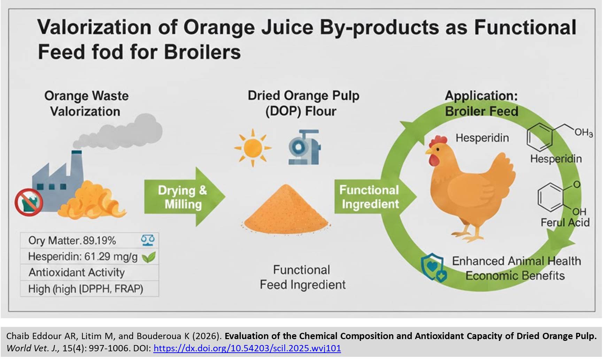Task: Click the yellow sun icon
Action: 253,148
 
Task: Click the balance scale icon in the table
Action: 148,240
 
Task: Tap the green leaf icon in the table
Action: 149,257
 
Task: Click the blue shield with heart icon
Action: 433,267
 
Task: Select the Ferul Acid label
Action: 565,222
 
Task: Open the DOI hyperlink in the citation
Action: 247,348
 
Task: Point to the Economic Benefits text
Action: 515,276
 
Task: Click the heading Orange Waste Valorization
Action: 86,103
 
